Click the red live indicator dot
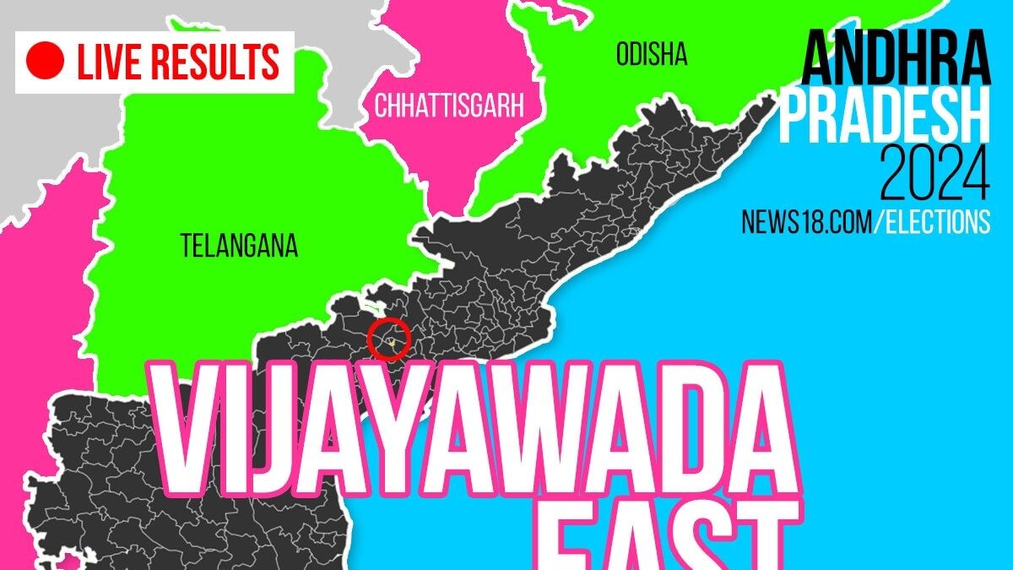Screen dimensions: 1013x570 [x=46, y=62]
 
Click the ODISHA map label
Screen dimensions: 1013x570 [x=651, y=56]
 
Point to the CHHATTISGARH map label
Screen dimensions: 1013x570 [x=449, y=106]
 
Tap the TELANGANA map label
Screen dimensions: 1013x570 [x=239, y=246]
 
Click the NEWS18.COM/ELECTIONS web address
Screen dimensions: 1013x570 [x=865, y=221]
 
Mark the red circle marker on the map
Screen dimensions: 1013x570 [x=389, y=339]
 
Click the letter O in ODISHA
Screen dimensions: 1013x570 [x=623, y=56]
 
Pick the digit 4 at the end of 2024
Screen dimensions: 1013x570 [x=973, y=176]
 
